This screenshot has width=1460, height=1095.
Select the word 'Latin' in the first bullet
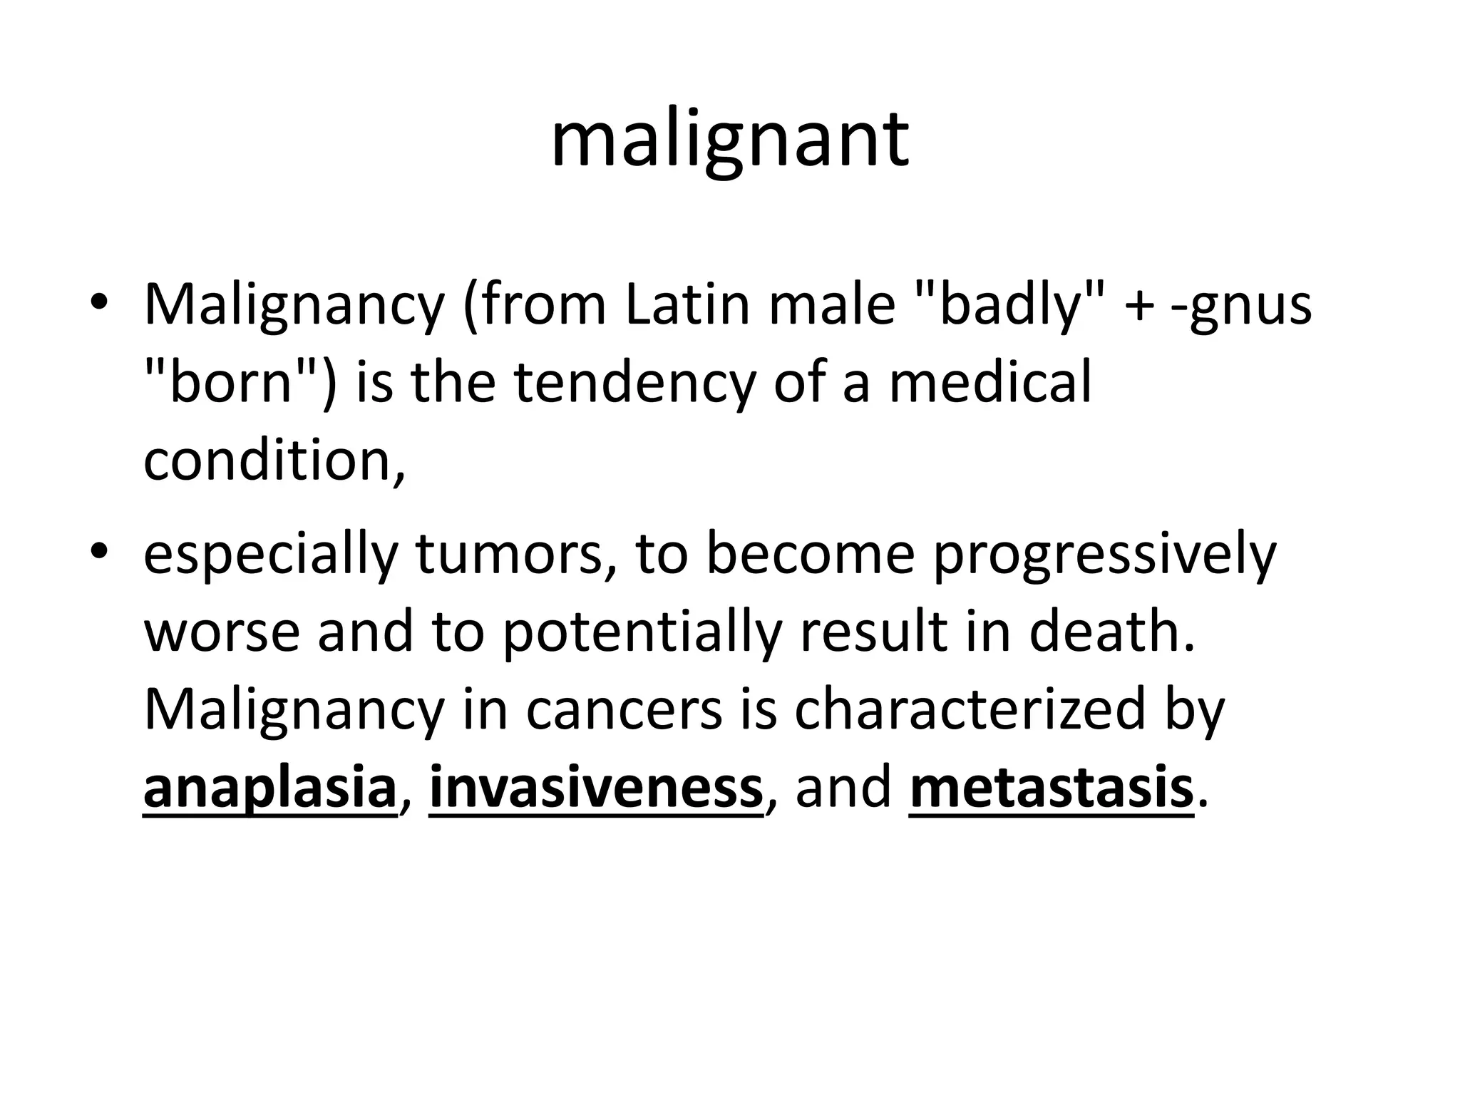(688, 304)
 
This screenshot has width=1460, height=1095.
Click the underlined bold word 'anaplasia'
(269, 789)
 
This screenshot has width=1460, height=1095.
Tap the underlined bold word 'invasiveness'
(596, 788)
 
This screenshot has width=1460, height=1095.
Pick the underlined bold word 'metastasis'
(1051, 788)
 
